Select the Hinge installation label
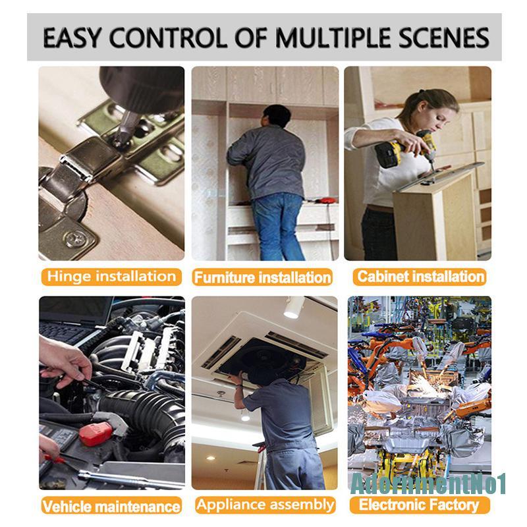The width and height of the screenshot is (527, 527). (x=111, y=277)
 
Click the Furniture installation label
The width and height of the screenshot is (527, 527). (x=262, y=277)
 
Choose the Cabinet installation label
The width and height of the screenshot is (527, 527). (x=420, y=277)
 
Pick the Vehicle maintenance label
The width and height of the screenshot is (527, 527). (x=111, y=505)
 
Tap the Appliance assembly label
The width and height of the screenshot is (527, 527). (x=265, y=505)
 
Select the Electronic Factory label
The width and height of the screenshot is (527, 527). (x=419, y=505)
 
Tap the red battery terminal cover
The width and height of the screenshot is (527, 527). (x=96, y=434)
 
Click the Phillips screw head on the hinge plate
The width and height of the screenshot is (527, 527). (x=75, y=239)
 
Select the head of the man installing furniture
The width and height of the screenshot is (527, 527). (x=277, y=116)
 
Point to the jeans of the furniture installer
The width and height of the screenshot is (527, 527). (x=278, y=227)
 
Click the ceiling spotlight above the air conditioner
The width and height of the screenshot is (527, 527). (x=293, y=308)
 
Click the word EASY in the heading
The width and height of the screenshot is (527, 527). (x=72, y=38)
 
